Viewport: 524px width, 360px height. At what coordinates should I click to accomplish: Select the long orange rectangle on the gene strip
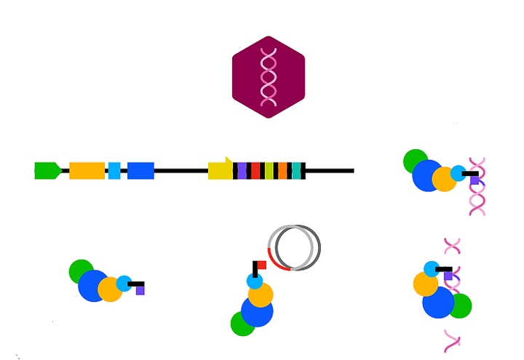87,171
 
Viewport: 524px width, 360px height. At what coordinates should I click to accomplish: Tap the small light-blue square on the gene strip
114,171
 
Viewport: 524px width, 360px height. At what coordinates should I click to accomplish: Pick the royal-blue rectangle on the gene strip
140,171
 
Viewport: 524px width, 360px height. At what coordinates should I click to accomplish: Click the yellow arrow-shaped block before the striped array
220,170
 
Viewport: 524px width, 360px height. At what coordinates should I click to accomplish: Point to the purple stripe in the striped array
242,171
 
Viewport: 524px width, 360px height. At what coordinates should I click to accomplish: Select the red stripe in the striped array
255,171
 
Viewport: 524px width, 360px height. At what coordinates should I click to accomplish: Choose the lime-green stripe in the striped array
269,171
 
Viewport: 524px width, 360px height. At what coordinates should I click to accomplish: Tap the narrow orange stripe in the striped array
282,171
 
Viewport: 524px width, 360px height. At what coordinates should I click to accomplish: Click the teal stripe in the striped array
296,171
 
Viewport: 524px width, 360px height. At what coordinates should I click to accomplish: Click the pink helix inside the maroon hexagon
269,76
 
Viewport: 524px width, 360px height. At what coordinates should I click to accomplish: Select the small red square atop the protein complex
261,265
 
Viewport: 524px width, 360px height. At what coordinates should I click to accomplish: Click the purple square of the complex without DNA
140,290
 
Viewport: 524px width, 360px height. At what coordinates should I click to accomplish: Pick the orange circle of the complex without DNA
110,289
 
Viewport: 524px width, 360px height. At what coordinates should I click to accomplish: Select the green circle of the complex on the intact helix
416,161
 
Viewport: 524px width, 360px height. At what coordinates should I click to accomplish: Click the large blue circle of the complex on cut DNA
438,302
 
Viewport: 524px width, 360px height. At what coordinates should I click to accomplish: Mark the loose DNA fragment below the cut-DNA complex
453,339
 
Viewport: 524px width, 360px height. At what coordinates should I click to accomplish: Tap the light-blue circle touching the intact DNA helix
458,173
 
